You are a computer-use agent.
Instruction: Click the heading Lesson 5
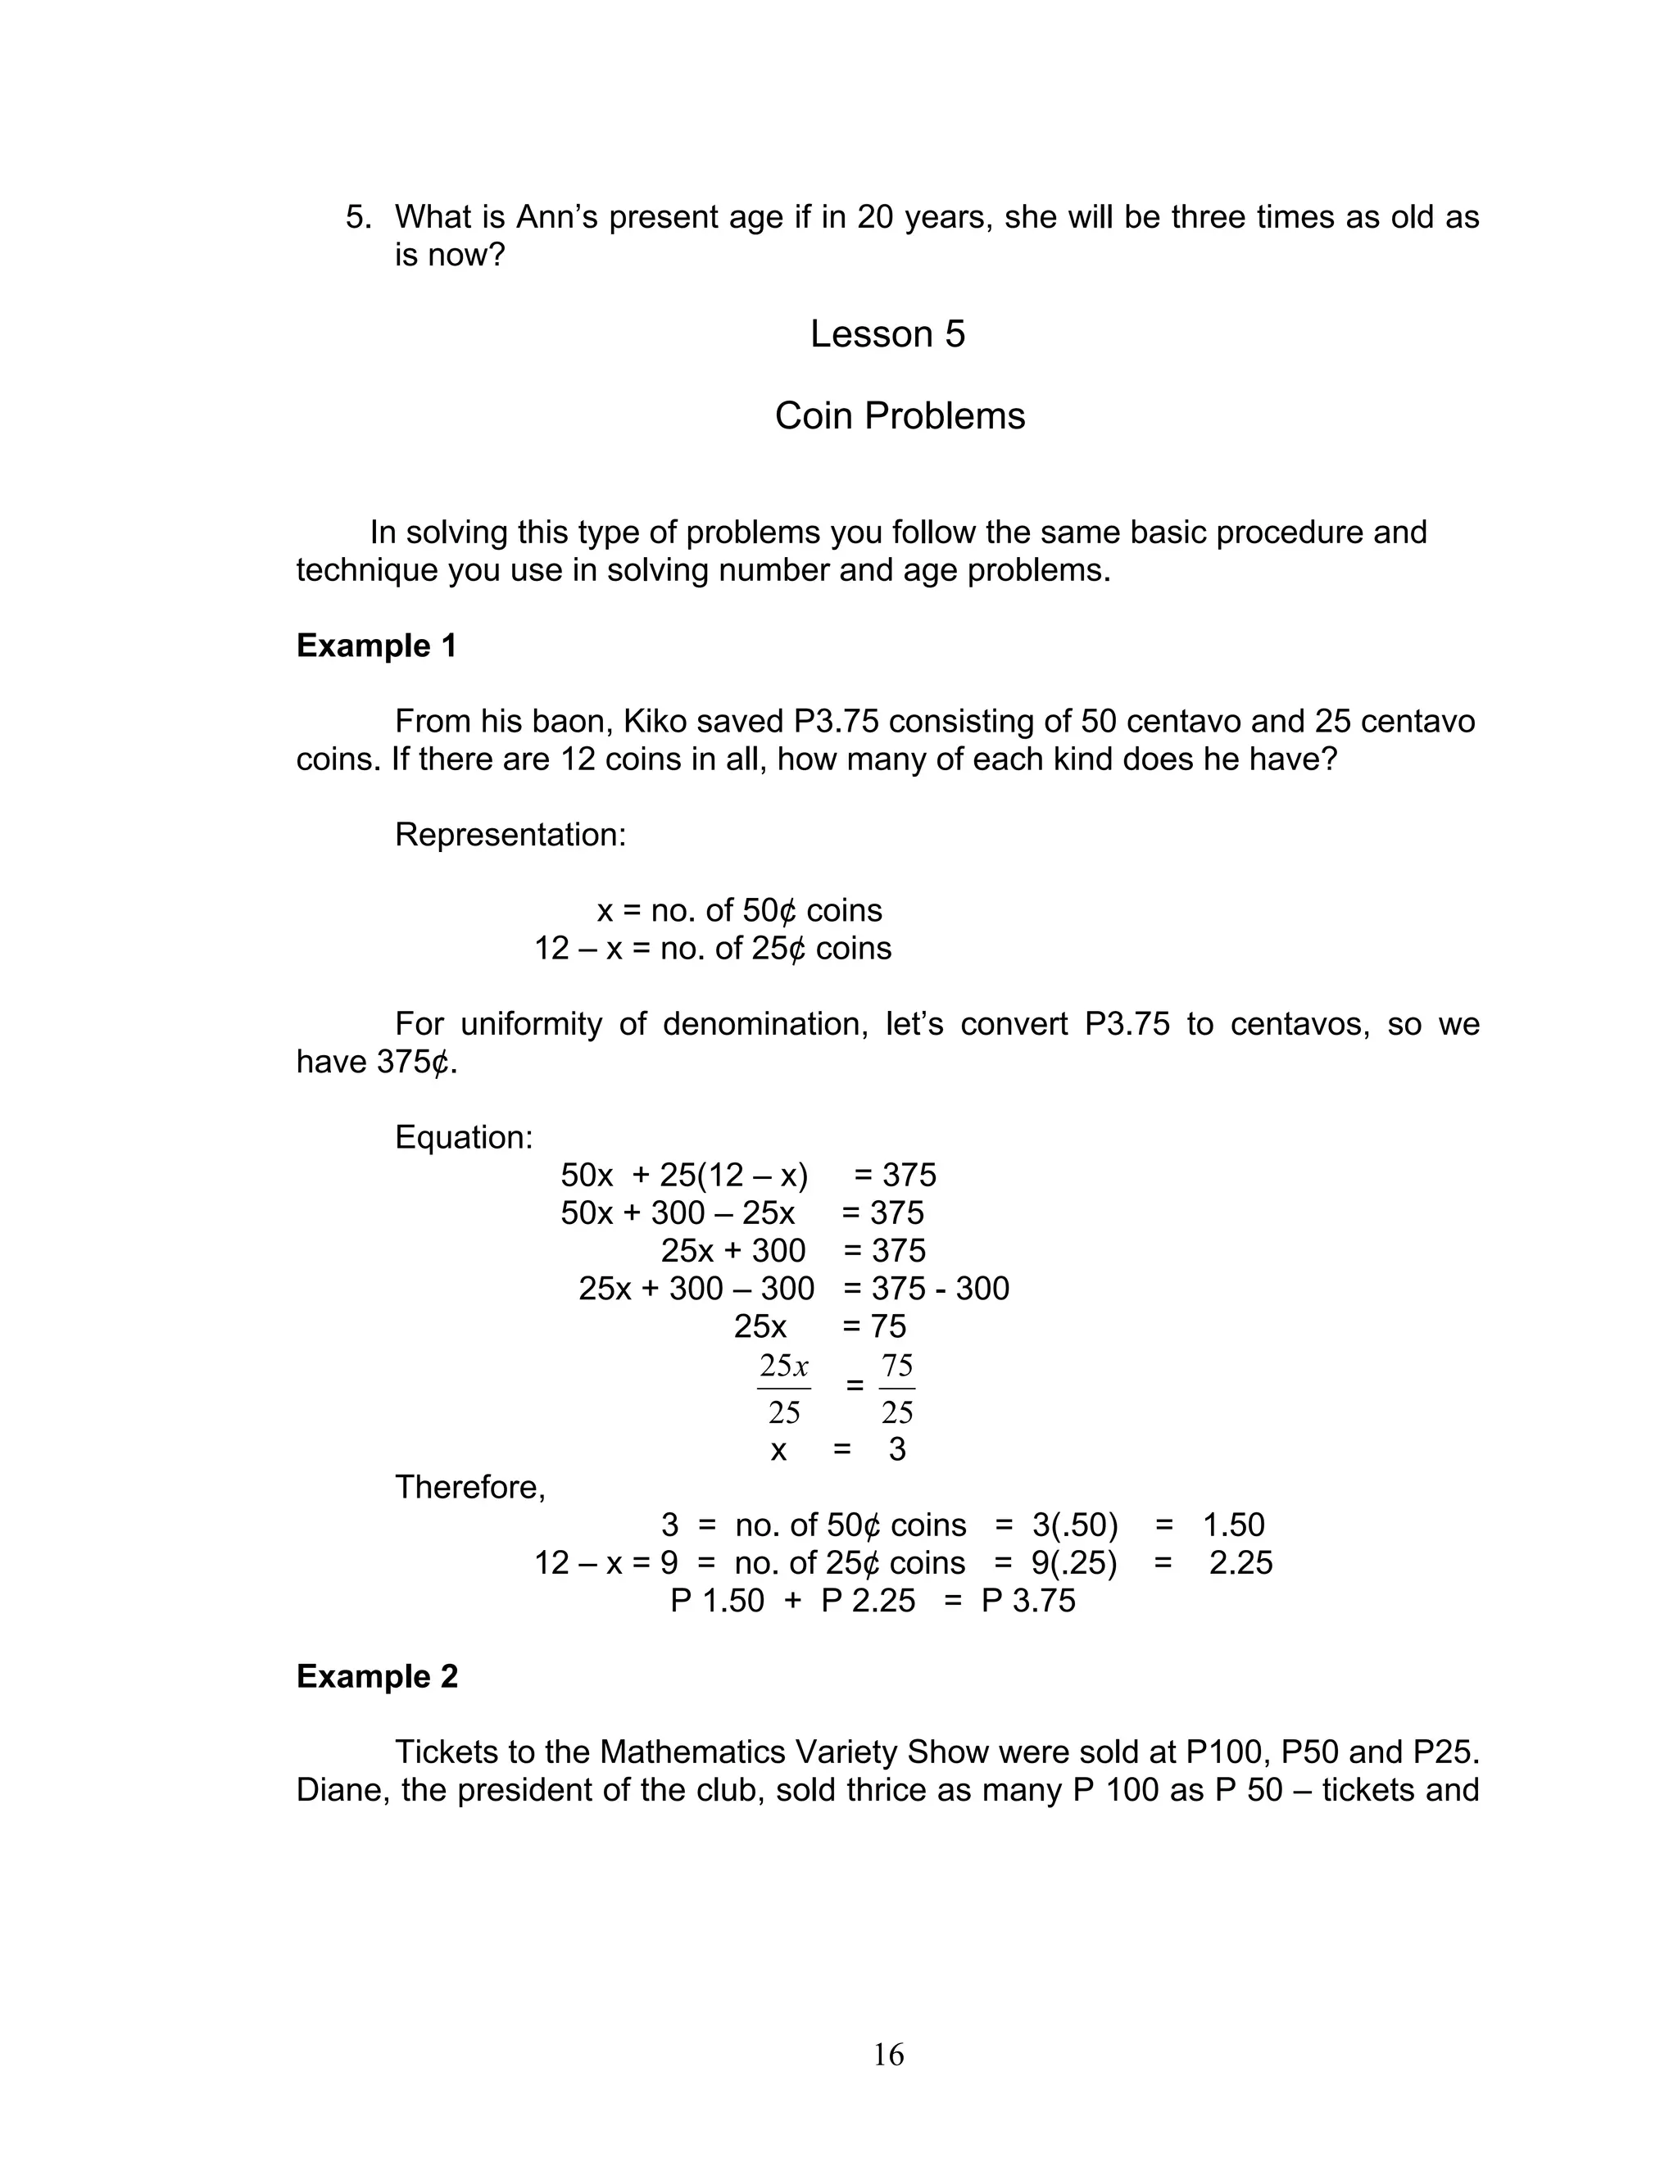[887, 334]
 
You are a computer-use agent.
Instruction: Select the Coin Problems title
[899, 415]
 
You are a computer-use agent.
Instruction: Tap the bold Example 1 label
[376, 646]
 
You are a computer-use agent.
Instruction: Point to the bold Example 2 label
[377, 1677]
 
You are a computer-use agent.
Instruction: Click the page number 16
[887, 2055]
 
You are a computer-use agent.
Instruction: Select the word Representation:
[510, 835]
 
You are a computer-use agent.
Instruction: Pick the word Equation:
[463, 1137]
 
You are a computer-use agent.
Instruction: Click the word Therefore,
[470, 1487]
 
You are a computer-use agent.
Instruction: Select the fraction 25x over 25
[783, 1388]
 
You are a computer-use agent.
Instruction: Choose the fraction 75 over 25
[896, 1388]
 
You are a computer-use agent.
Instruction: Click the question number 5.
[357, 218]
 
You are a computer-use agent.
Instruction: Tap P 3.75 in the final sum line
[1028, 1602]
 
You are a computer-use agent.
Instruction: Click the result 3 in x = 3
[896, 1450]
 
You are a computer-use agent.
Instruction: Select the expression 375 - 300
[940, 1289]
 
